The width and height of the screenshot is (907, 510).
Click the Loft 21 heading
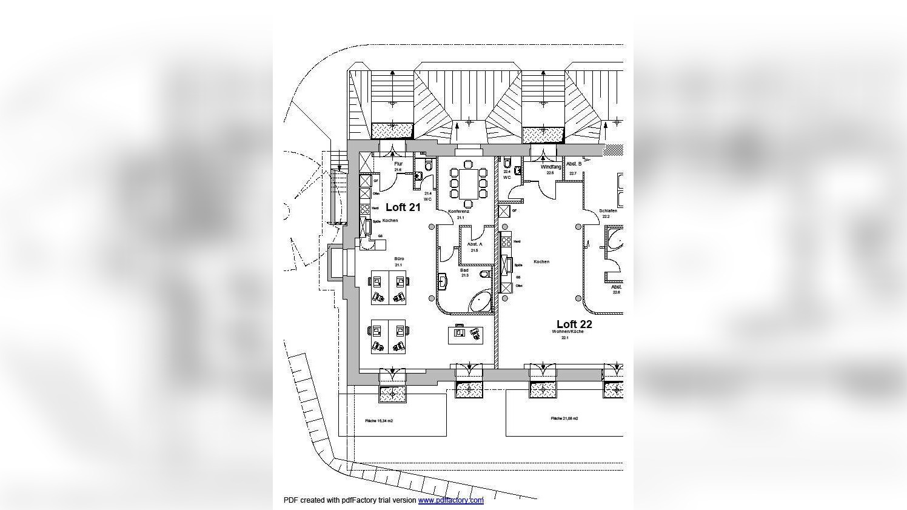[403, 207]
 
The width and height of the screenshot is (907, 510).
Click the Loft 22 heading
[574, 324]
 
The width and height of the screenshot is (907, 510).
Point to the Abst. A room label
[475, 244]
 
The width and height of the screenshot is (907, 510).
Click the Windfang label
[551, 166]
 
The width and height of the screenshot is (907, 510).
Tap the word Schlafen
[608, 211]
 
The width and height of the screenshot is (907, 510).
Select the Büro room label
[399, 259]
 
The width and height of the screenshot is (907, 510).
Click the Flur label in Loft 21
[398, 164]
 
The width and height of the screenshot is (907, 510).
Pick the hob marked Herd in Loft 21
[365, 209]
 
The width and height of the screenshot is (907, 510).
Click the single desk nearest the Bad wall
[466, 333]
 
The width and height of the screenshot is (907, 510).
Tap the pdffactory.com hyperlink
[450, 500]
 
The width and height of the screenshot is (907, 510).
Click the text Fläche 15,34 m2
[379, 421]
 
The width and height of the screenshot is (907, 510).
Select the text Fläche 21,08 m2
[564, 418]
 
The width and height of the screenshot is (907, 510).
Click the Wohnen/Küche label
[567, 332]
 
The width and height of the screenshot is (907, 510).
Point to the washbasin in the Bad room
[443, 280]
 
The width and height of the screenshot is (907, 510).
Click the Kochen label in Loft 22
[541, 262]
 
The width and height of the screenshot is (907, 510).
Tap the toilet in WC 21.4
[429, 165]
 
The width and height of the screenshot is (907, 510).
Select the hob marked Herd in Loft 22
[506, 241]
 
